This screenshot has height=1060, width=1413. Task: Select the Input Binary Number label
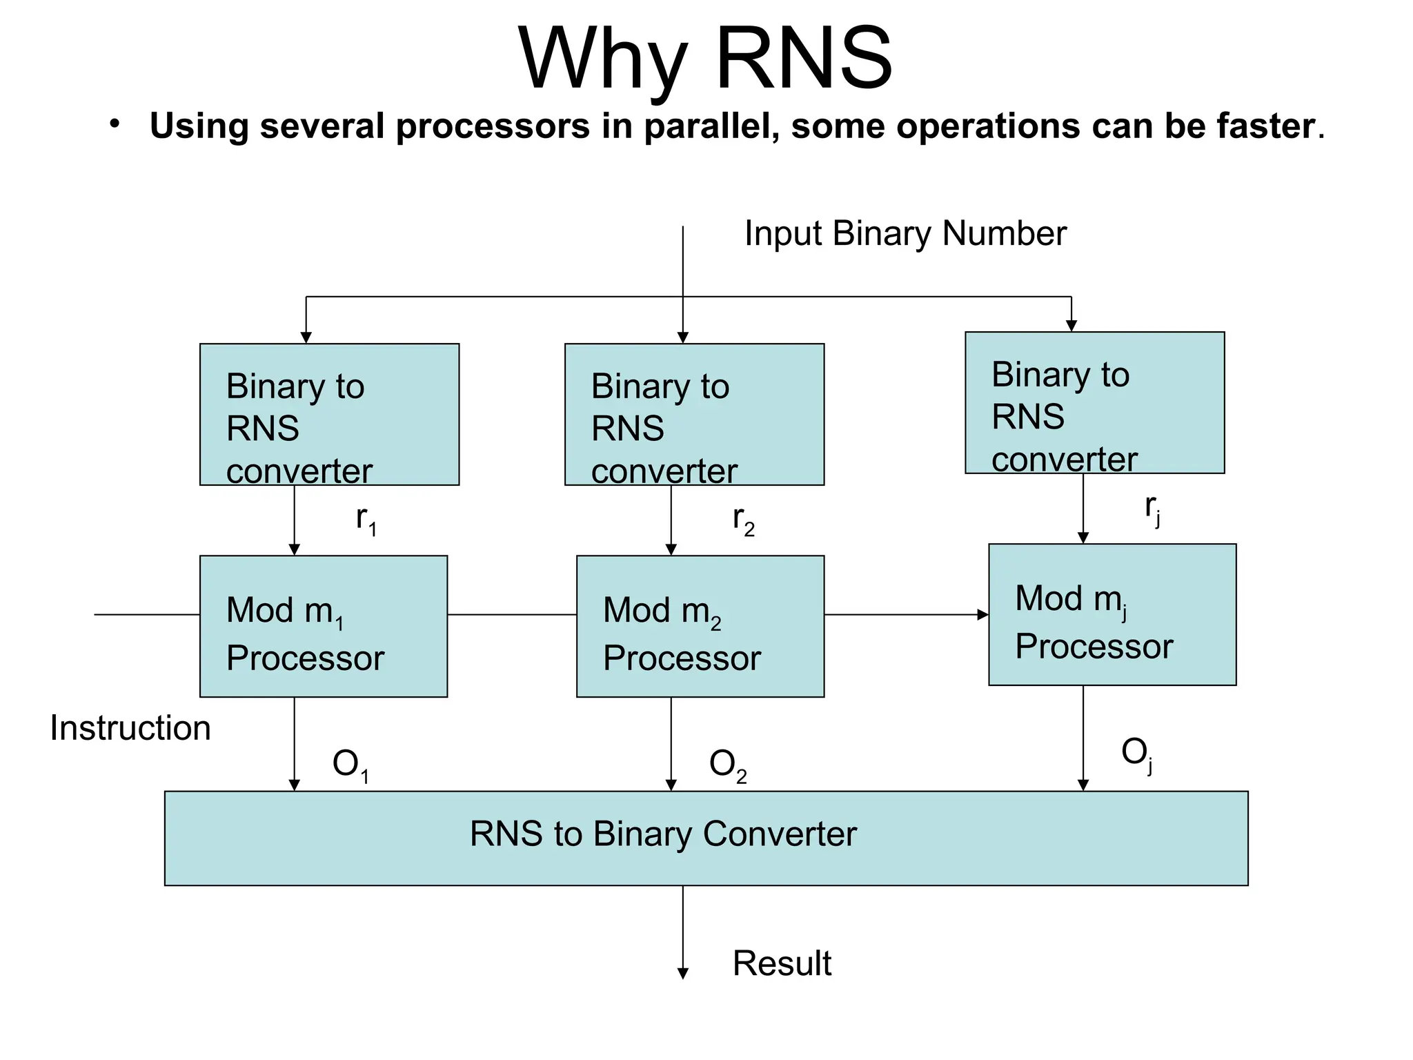[x=905, y=233]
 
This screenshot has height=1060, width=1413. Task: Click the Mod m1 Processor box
[x=324, y=627]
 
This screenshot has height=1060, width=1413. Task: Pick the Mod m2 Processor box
[x=700, y=627]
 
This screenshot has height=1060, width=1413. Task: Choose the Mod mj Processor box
[x=1112, y=615]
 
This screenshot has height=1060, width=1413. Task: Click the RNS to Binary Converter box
[x=706, y=838]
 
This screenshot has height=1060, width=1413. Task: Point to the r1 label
[x=366, y=520]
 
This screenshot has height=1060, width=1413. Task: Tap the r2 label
[x=744, y=520]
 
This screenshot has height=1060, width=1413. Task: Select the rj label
[x=1152, y=509]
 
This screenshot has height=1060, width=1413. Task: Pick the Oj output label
[x=1137, y=754]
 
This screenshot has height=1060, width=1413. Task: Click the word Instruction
[x=130, y=728]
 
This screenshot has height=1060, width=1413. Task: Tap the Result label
[x=782, y=963]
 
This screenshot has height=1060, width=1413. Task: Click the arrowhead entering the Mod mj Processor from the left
[x=983, y=615]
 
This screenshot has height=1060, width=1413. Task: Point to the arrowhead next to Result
[x=683, y=974]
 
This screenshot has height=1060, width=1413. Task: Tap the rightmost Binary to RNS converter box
[x=1095, y=403]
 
